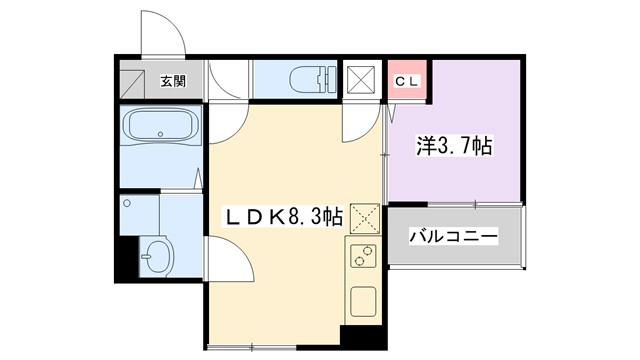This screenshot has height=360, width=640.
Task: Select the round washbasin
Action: point(156,258)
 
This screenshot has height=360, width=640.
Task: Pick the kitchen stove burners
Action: point(360,258)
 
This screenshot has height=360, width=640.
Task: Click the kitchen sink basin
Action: point(362,301)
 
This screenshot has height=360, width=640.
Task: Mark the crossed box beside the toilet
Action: point(358,79)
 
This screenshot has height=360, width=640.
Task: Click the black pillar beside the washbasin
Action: point(123,257)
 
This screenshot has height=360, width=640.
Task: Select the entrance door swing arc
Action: point(160,35)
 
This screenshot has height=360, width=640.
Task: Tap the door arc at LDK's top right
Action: point(355,124)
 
